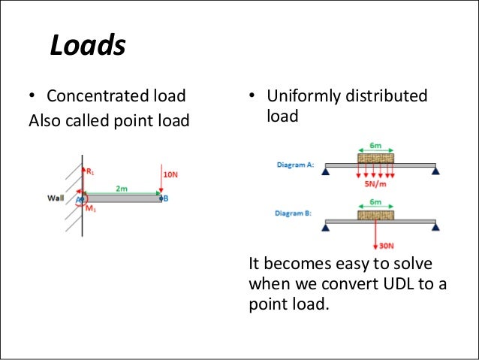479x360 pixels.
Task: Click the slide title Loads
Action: coord(87,47)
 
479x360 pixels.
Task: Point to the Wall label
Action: coord(56,198)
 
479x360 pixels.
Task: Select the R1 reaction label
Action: coord(91,171)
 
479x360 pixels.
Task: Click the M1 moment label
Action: coord(90,208)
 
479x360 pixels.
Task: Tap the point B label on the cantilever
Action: coord(164,198)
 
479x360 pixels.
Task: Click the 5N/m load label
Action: coord(375,183)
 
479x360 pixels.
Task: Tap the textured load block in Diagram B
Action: coord(375,215)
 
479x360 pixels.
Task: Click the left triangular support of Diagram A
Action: coord(327,171)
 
